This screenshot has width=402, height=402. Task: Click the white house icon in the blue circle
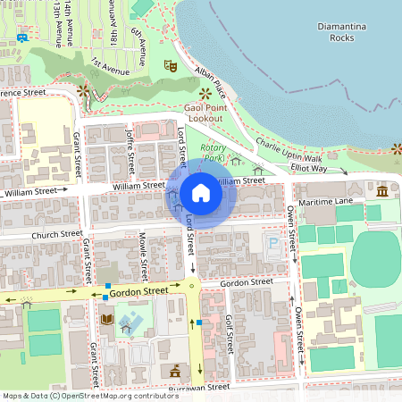[201, 193]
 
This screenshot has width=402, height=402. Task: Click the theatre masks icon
[171, 64]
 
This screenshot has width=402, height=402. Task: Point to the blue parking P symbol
[272, 242]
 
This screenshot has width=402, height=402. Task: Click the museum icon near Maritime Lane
[382, 192]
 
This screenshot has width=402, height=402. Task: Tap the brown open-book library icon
[106, 319]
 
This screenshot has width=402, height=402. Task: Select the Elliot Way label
[308, 168]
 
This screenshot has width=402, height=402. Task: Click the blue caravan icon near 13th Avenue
[21, 38]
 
